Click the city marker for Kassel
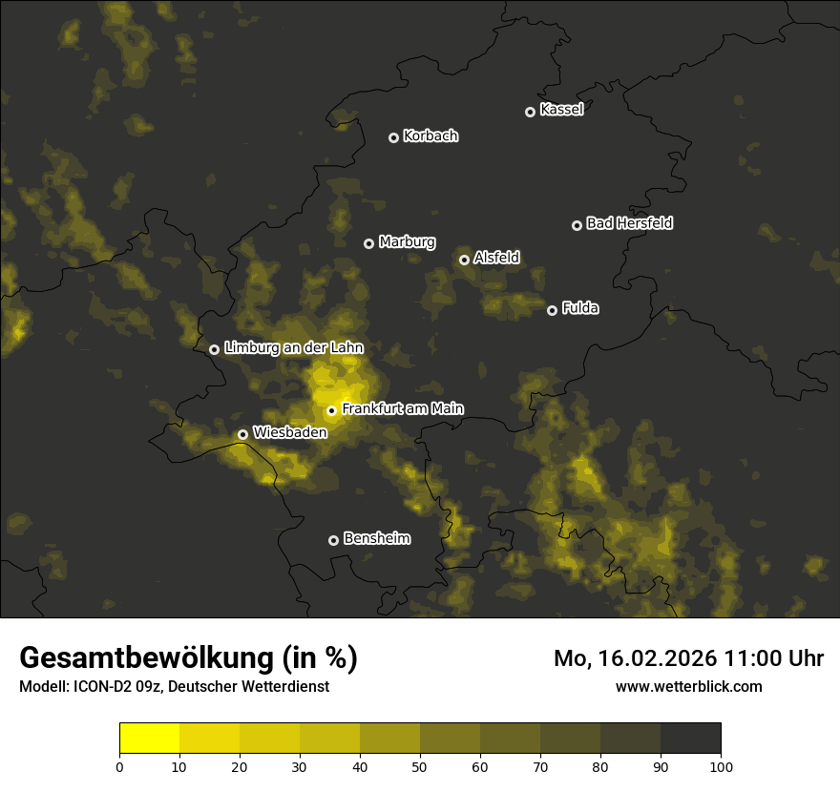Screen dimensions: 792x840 tap(530, 112)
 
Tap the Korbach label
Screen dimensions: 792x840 tap(430, 136)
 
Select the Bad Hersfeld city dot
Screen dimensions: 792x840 tap(577, 225)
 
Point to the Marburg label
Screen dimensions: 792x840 tap(407, 242)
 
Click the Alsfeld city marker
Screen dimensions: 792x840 tap(464, 260)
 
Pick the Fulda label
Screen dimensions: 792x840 tap(579, 308)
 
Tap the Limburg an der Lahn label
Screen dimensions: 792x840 tap(294, 348)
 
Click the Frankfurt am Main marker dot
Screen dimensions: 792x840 tap(331, 411)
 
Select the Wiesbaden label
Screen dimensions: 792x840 tap(289, 432)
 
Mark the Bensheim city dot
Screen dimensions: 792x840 tap(333, 540)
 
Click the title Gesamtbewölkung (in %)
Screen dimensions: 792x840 tap(188, 658)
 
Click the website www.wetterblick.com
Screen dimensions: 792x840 tap(688, 686)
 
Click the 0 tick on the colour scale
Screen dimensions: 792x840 tap(119, 766)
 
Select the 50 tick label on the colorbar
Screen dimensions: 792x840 tap(420, 766)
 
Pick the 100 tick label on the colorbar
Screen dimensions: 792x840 tap(721, 766)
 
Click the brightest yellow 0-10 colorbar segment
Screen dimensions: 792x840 tap(149, 739)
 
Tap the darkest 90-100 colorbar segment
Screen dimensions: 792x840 tap(690, 739)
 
